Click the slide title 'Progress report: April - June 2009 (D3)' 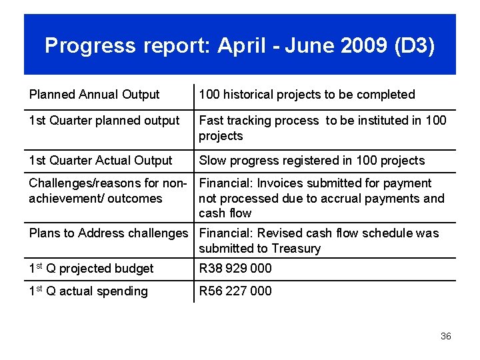[239, 45]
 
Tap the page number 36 [446, 336]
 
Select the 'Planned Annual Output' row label [94, 95]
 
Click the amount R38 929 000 [235, 268]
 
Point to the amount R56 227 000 [235, 291]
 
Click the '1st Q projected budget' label [91, 268]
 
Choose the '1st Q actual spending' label [88, 291]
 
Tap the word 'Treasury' [293, 249]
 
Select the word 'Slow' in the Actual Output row [213, 161]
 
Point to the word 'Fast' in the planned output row [211, 121]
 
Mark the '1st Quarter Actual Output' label [100, 161]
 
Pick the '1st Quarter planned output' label [104, 121]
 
